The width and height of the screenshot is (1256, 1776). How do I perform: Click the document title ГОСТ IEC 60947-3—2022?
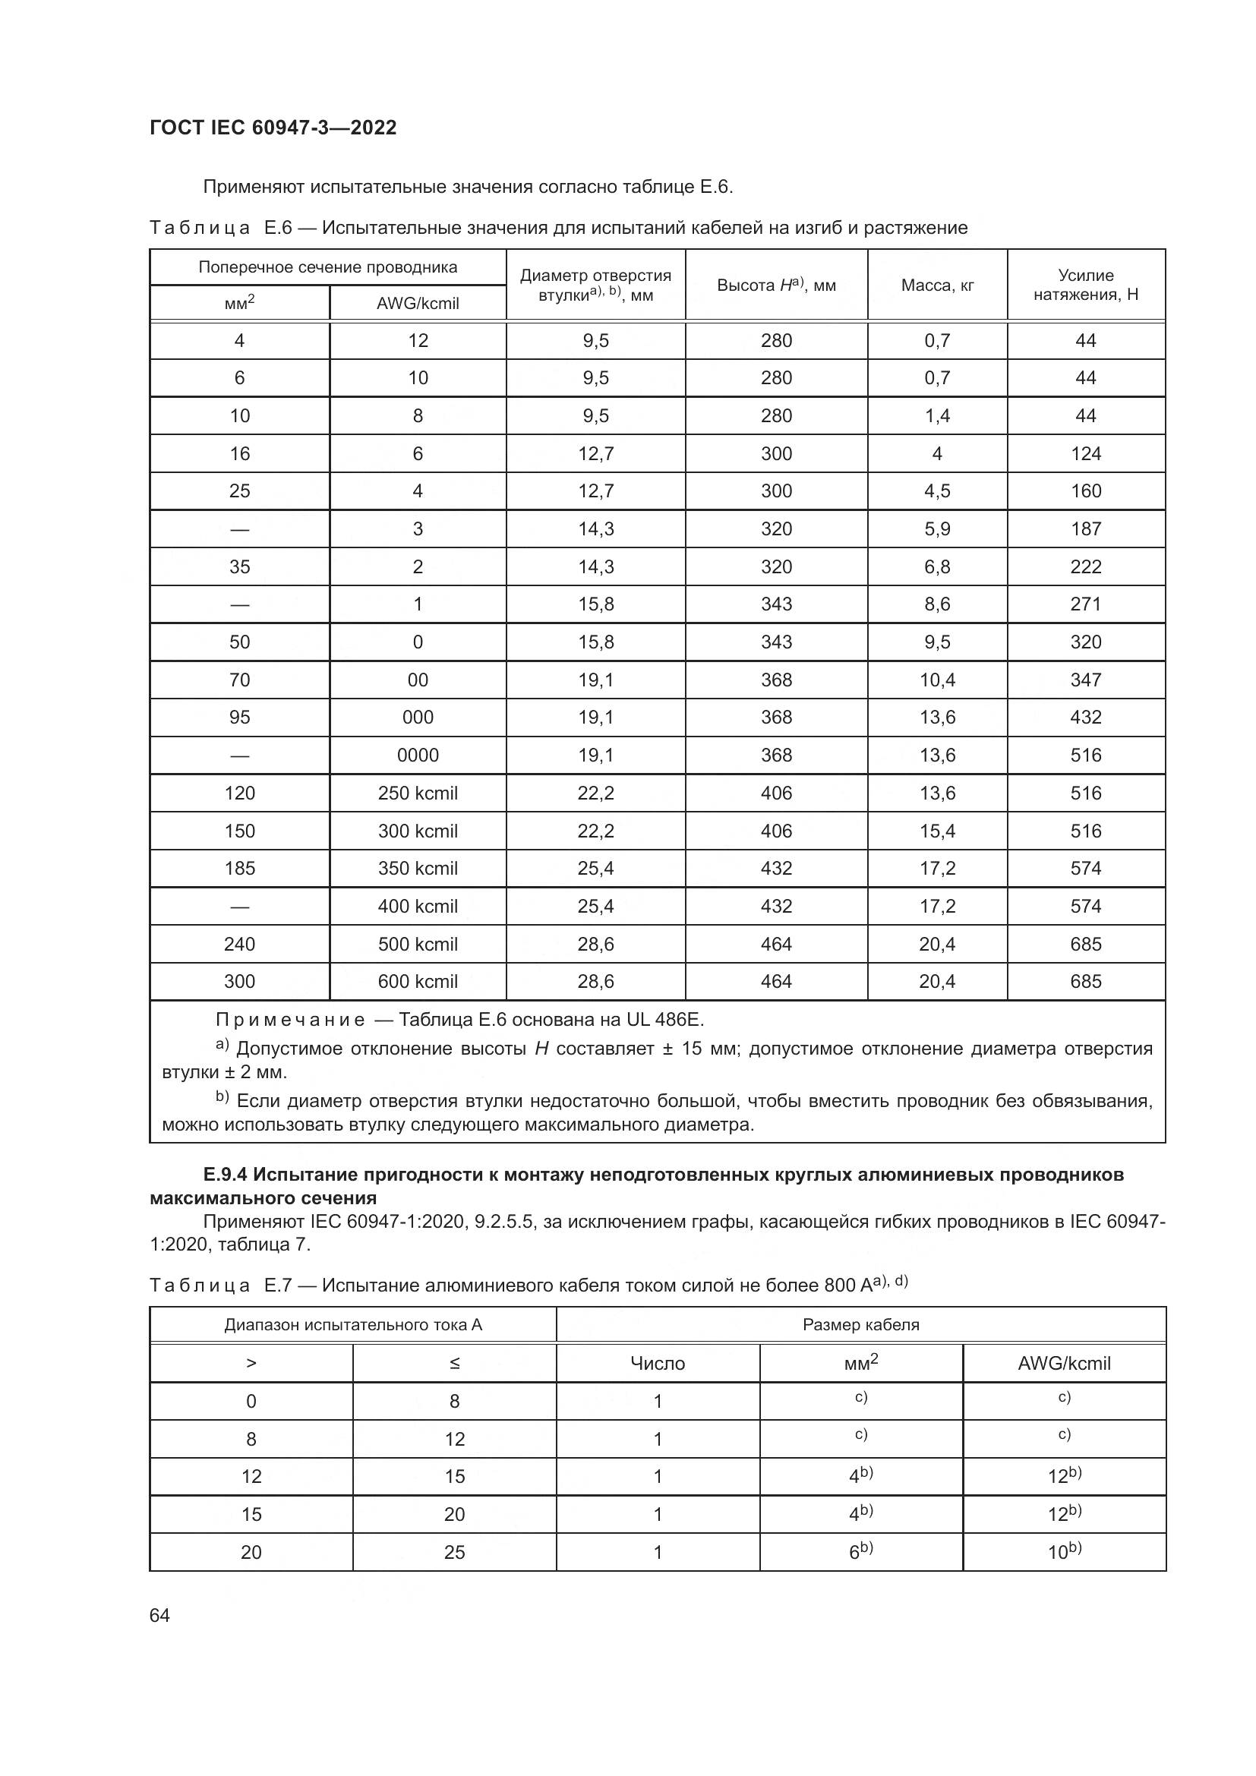273,128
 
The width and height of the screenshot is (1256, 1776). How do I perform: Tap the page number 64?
159,1615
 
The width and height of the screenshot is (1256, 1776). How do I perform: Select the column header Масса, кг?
937,285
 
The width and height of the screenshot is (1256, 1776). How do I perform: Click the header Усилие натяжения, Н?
1086,285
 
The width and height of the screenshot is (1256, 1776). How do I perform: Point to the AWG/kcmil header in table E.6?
418,303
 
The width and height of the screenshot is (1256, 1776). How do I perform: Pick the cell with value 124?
1086,454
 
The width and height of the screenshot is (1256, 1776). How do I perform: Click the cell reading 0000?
418,755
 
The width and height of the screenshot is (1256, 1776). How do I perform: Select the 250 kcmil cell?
418,793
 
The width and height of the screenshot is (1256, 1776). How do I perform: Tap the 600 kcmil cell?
418,982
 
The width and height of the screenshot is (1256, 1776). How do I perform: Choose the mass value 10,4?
937,680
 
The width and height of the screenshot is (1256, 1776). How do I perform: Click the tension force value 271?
1086,604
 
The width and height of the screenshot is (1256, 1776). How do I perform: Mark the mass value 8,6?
937,604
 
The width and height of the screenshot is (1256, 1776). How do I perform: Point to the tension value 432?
1086,717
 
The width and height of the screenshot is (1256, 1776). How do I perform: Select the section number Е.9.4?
226,1175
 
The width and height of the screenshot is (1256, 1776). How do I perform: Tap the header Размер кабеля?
861,1325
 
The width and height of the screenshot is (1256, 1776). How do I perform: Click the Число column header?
658,1364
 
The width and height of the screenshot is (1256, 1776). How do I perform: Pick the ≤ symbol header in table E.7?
455,1364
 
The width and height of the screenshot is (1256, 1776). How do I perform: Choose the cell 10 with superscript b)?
1064,1552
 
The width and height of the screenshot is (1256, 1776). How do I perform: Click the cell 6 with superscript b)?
861,1552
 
